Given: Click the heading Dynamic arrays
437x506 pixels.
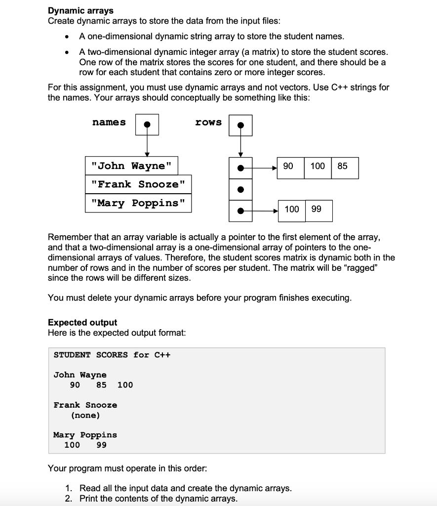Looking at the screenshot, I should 80,10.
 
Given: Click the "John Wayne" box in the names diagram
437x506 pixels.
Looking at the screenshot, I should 131,166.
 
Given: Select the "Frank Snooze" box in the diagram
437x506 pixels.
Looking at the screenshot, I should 138,185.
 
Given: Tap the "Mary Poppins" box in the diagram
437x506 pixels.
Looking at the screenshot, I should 138,203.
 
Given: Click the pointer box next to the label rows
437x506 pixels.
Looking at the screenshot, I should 240,125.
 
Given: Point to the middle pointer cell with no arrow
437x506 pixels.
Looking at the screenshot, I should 240,189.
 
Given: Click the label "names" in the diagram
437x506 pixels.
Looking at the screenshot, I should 109,122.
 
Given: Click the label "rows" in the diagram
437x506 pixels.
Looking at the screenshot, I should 208,122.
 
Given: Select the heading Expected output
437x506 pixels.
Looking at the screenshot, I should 82,323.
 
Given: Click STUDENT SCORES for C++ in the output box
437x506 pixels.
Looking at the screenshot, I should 112,355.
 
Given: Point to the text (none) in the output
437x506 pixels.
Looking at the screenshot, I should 85,415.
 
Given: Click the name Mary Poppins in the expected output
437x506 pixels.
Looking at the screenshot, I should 85,435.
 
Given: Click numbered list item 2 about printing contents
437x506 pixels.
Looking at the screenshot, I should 158,498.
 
